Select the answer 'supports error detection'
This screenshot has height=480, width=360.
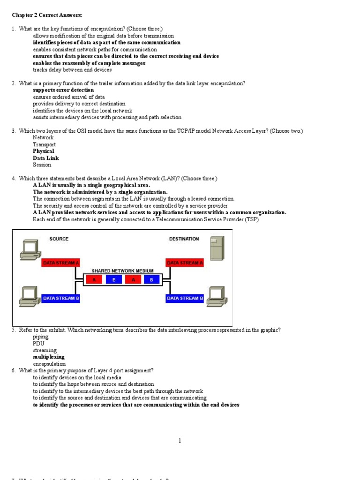pos(63,90)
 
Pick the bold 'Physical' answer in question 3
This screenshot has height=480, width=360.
pos(43,151)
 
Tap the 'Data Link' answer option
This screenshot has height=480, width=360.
pos(45,158)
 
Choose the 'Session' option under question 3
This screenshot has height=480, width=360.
pos(42,165)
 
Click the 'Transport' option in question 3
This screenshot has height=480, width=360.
pos(44,145)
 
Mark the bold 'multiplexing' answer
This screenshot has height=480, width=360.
pos(49,357)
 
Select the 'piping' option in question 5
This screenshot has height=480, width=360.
pos(40,337)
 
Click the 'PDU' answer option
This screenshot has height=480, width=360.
pos(38,344)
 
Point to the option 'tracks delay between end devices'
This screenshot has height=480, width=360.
pos(72,70)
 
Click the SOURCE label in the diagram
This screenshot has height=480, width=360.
pos(59,239)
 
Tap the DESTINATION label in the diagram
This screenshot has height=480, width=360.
pos(184,239)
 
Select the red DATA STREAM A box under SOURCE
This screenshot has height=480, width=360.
pos(61,263)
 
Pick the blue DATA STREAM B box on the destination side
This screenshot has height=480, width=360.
pos(185,298)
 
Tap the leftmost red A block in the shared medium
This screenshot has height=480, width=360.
pos(94,280)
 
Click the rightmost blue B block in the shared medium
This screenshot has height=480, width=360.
pos(151,280)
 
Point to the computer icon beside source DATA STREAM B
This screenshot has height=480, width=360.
pos(29,297)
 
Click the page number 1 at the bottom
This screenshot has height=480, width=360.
pos(180,441)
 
